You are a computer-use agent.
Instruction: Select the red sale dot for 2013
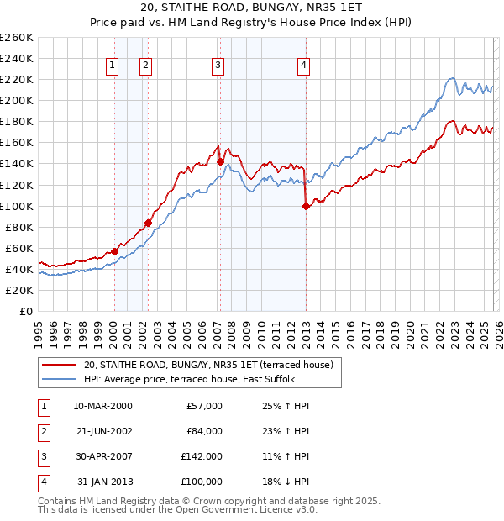coord(306,206)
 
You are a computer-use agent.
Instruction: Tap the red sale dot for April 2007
coord(220,161)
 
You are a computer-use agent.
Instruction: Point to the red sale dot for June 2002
coord(148,223)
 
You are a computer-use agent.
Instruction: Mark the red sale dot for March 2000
coord(114,251)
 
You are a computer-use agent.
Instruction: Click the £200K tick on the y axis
coord(17,100)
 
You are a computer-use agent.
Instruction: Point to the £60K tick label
coord(19,248)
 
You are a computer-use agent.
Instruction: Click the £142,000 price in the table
coord(202,458)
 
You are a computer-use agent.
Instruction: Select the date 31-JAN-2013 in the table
coord(104,482)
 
